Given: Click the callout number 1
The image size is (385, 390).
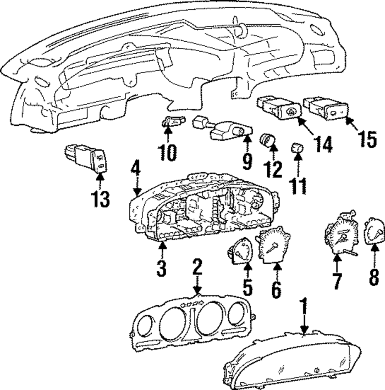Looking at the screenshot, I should click(304, 308).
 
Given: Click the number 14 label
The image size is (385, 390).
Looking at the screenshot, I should click(321, 144).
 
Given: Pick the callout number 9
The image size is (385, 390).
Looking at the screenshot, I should click(247, 162).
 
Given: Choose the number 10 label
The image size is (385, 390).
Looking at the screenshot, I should click(168, 153).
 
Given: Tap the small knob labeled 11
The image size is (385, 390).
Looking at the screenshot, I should click(297, 147).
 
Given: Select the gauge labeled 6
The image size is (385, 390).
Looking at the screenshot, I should click(274, 245).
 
